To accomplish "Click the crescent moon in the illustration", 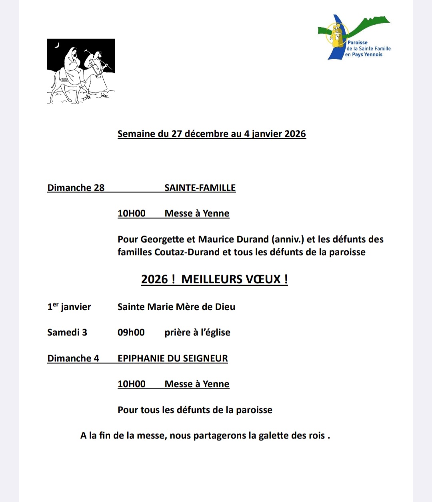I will [x=57, y=45].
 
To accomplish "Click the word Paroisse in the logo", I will [x=357, y=42].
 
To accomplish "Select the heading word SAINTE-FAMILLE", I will [x=200, y=187].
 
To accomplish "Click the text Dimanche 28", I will [x=76, y=187].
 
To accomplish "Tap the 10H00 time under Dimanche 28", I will [x=132, y=213].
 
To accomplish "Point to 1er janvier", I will [x=69, y=307].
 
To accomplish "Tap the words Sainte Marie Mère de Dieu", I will [x=176, y=307].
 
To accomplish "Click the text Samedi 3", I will [x=67, y=332].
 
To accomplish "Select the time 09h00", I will [x=131, y=332].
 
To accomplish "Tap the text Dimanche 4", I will [x=73, y=358].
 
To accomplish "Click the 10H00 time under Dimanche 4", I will [x=132, y=384].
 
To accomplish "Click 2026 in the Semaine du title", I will [x=295, y=133].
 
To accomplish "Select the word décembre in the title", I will [x=206, y=133].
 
